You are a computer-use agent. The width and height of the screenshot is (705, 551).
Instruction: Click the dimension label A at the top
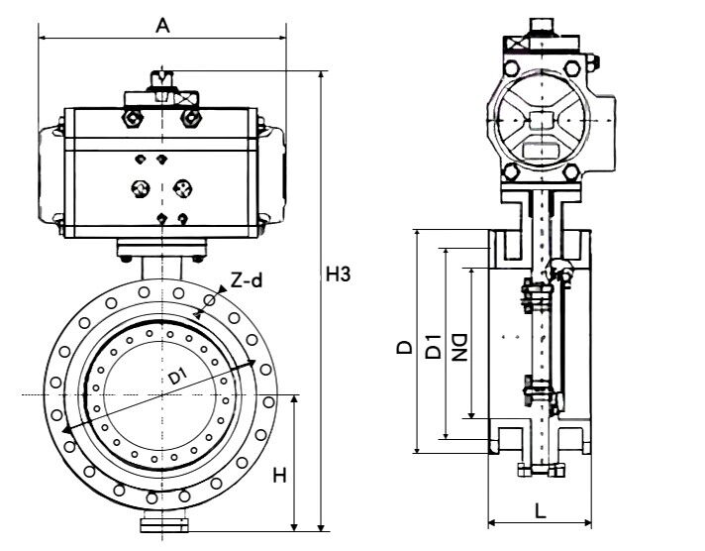(x=162, y=25)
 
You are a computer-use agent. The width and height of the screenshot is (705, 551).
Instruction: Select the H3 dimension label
(x=338, y=274)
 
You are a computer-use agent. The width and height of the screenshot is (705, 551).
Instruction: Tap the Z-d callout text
(x=246, y=280)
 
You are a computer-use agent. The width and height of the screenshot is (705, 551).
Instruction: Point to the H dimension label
(x=279, y=475)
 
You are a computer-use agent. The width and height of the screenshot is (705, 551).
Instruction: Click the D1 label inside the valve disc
(x=178, y=376)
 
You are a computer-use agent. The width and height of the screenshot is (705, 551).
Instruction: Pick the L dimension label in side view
(x=540, y=510)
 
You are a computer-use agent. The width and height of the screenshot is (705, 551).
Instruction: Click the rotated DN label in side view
(x=459, y=347)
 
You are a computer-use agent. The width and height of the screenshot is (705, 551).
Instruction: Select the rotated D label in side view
(x=405, y=347)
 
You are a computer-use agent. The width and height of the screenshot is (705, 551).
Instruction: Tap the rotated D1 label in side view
(x=433, y=346)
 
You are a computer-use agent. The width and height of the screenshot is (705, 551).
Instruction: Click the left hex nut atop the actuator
(x=133, y=118)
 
